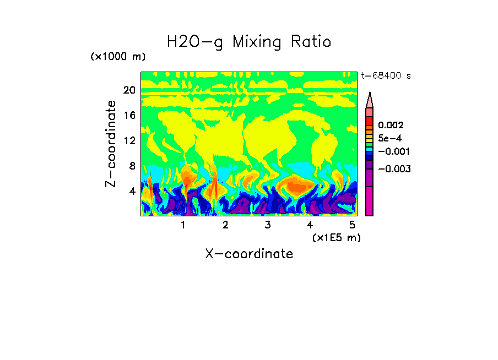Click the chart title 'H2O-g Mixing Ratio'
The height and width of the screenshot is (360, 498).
tap(249, 42)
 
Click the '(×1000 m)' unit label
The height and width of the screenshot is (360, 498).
tap(118, 57)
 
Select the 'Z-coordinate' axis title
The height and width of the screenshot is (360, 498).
tap(111, 144)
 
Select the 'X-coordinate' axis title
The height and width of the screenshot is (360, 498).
tap(249, 254)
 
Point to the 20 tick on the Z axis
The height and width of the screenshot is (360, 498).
tap(129, 90)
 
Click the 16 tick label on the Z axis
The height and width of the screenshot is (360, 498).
tap(129, 116)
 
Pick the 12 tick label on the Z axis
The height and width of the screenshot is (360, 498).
tap(129, 141)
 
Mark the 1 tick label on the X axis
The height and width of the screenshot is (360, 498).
tap(183, 225)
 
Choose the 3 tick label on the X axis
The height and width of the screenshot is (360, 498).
tap(267, 225)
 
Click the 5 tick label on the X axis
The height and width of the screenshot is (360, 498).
tap(352, 225)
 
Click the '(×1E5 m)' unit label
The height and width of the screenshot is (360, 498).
tap(336, 238)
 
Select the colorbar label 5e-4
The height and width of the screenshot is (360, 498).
tap(389, 138)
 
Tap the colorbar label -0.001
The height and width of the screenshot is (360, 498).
tap(393, 151)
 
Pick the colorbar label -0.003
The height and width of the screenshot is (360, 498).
tap(393, 169)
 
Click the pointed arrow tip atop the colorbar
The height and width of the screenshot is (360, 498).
tap(370, 95)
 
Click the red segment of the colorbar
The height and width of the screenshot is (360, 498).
tap(370, 121)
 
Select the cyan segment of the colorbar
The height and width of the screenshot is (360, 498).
tap(370, 149)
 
